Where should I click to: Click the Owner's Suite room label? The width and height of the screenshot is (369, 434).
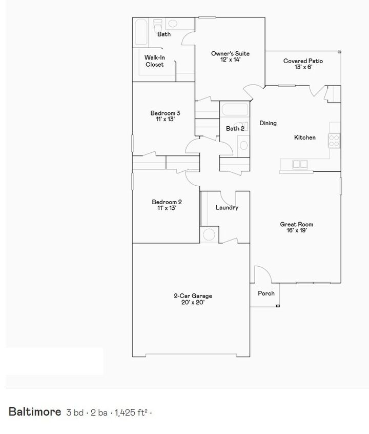pos(230,56)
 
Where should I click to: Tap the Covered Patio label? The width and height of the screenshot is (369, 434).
pos(303,64)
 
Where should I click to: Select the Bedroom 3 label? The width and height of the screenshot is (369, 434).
pos(165,116)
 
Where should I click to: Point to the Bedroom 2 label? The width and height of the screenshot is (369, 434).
pos(166,205)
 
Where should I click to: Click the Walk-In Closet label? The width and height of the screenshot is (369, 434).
pos(154,61)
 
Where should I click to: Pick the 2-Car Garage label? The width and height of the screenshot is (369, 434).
pos(193,299)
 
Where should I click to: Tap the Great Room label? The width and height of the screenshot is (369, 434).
pos(296,227)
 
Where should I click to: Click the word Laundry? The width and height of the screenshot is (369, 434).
pos(227,208)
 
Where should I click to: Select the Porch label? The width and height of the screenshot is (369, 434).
pos(266,293)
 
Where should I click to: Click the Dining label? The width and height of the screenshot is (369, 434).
pos(268,123)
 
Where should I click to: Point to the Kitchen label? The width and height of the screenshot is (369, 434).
pos(304,137)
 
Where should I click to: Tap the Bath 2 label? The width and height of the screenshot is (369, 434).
pos(235,128)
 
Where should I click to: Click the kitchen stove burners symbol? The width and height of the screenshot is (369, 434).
pos(334,140)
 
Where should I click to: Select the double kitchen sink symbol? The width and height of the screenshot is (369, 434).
pos(299,164)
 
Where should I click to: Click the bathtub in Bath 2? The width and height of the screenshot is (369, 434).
pos(234,109)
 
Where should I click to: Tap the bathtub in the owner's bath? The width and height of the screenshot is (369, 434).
pos(140,33)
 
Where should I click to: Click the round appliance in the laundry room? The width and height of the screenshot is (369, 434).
pos(209,235)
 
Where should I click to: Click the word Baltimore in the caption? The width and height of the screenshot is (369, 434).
pos(34,412)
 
